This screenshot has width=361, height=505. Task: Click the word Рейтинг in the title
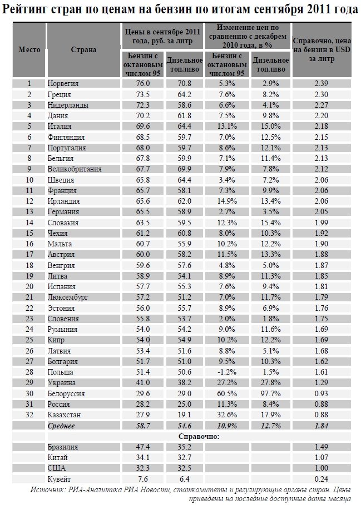point(24,9)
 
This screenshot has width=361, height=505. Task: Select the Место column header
point(29,49)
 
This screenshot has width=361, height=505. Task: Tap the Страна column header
point(83,49)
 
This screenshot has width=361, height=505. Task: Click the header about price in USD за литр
point(322,50)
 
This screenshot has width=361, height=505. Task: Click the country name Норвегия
point(63,83)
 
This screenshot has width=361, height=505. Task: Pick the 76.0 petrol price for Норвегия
point(143,83)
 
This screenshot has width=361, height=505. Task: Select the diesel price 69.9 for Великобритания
point(184,169)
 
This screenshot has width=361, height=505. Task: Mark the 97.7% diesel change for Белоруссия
point(270,393)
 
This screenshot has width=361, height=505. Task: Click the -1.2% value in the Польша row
point(227,372)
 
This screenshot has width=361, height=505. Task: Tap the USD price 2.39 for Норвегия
point(322,83)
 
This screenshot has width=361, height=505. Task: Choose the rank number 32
point(29,415)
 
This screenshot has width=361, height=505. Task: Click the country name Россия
point(58,404)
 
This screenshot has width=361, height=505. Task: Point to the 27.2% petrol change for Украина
point(227,382)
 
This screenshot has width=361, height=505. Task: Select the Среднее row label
point(61,426)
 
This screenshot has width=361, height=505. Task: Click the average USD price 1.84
point(322,426)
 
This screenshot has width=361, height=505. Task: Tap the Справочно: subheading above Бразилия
point(199,436)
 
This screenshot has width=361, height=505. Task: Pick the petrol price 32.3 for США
point(143,468)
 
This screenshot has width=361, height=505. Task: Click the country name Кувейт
point(59,479)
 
